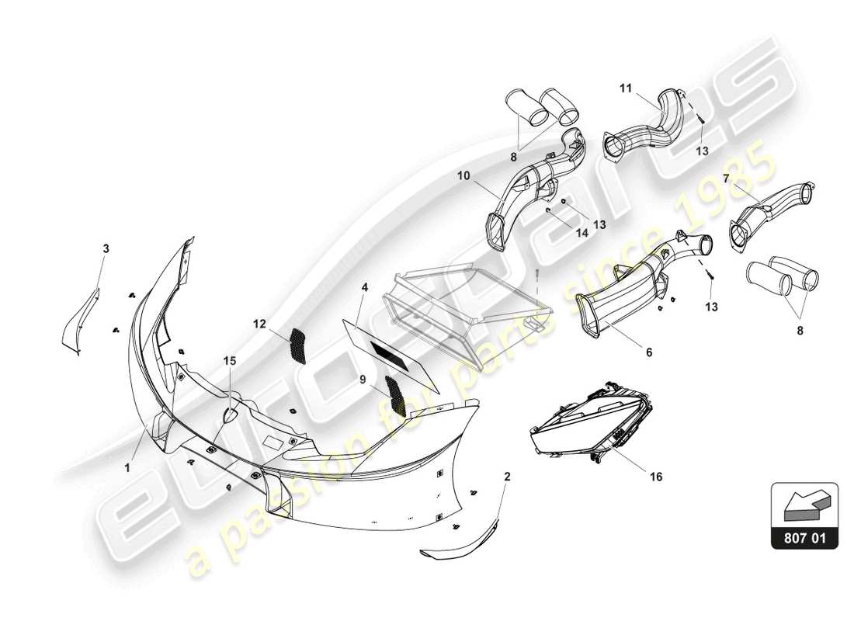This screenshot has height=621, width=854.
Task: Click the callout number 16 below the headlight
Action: point(656,477)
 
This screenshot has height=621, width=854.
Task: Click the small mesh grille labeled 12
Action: point(297,345)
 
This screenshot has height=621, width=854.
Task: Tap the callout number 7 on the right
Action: point(725,179)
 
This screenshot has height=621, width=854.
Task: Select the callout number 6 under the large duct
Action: point(648,352)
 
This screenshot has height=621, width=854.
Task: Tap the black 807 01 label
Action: point(805,536)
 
